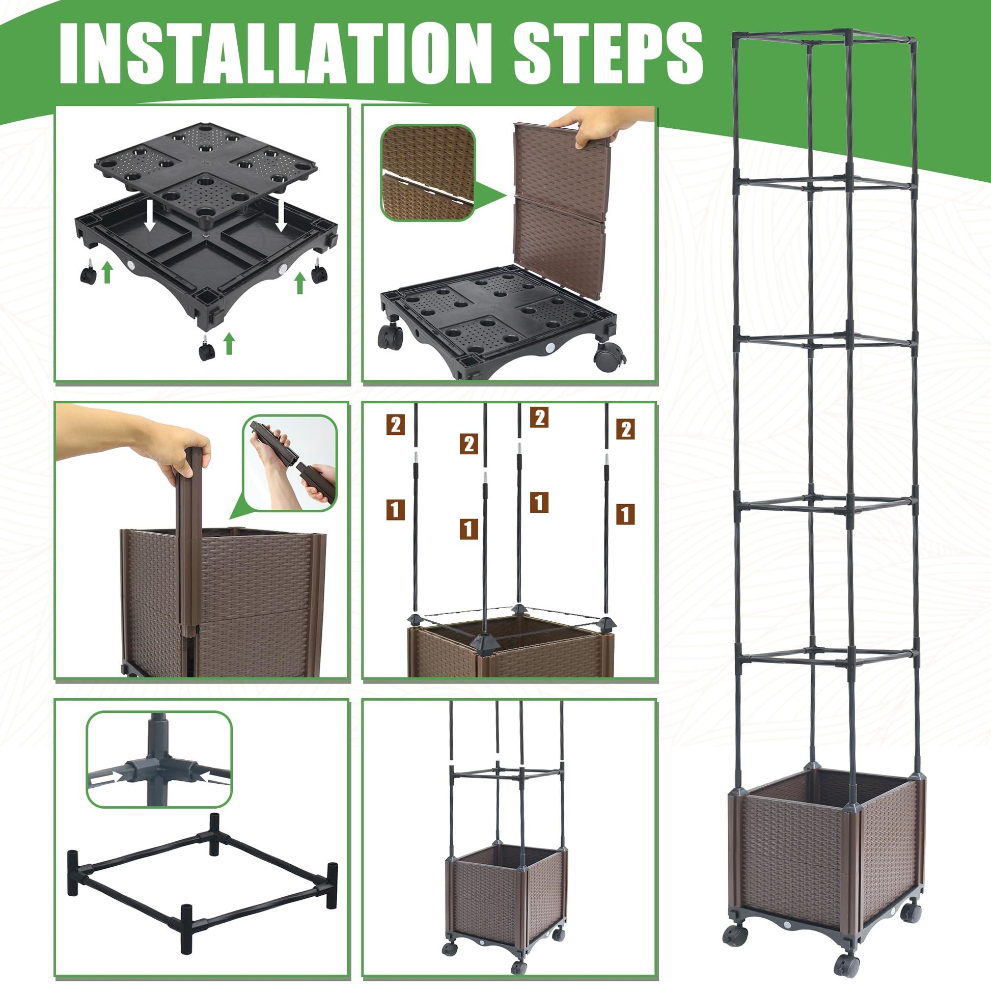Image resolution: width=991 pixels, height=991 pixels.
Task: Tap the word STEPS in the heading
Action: pos(609,53)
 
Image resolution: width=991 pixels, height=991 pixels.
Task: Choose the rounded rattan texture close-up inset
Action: pos(428,173)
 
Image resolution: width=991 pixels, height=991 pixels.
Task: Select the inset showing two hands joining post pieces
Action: pos(290,463)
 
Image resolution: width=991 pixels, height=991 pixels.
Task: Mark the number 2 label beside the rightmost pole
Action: pos(625,429)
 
